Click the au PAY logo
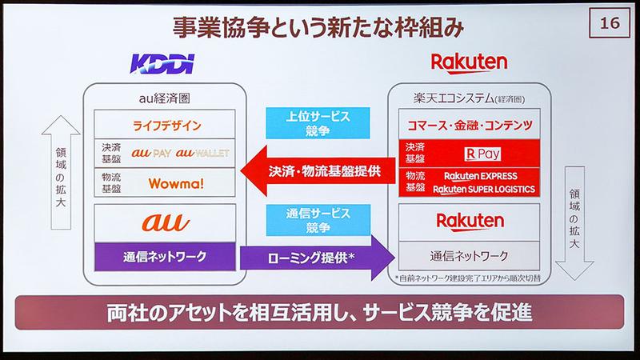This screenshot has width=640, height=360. tap(152, 153)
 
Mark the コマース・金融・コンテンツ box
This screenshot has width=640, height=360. tap(470, 126)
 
